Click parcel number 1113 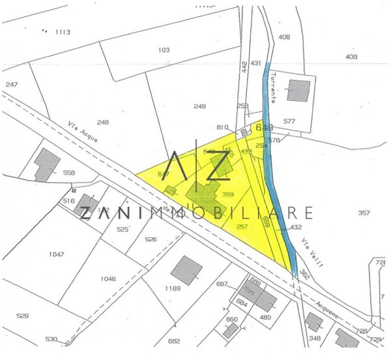click(62, 31)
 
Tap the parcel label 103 click(164, 50)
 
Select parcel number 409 click(352, 57)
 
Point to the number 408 click(284, 37)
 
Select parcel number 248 click(103, 122)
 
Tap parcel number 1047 click(57, 254)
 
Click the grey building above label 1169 click(188, 268)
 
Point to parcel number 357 click(364, 213)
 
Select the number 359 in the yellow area click(227, 194)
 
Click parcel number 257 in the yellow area click(242, 226)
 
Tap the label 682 click(173, 340)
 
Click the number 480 click(265, 318)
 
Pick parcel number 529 click(23, 316)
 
